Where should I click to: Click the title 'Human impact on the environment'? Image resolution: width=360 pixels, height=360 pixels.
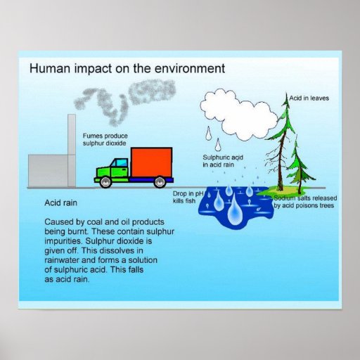[127, 69]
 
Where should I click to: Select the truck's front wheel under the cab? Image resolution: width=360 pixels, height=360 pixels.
[105, 182]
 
